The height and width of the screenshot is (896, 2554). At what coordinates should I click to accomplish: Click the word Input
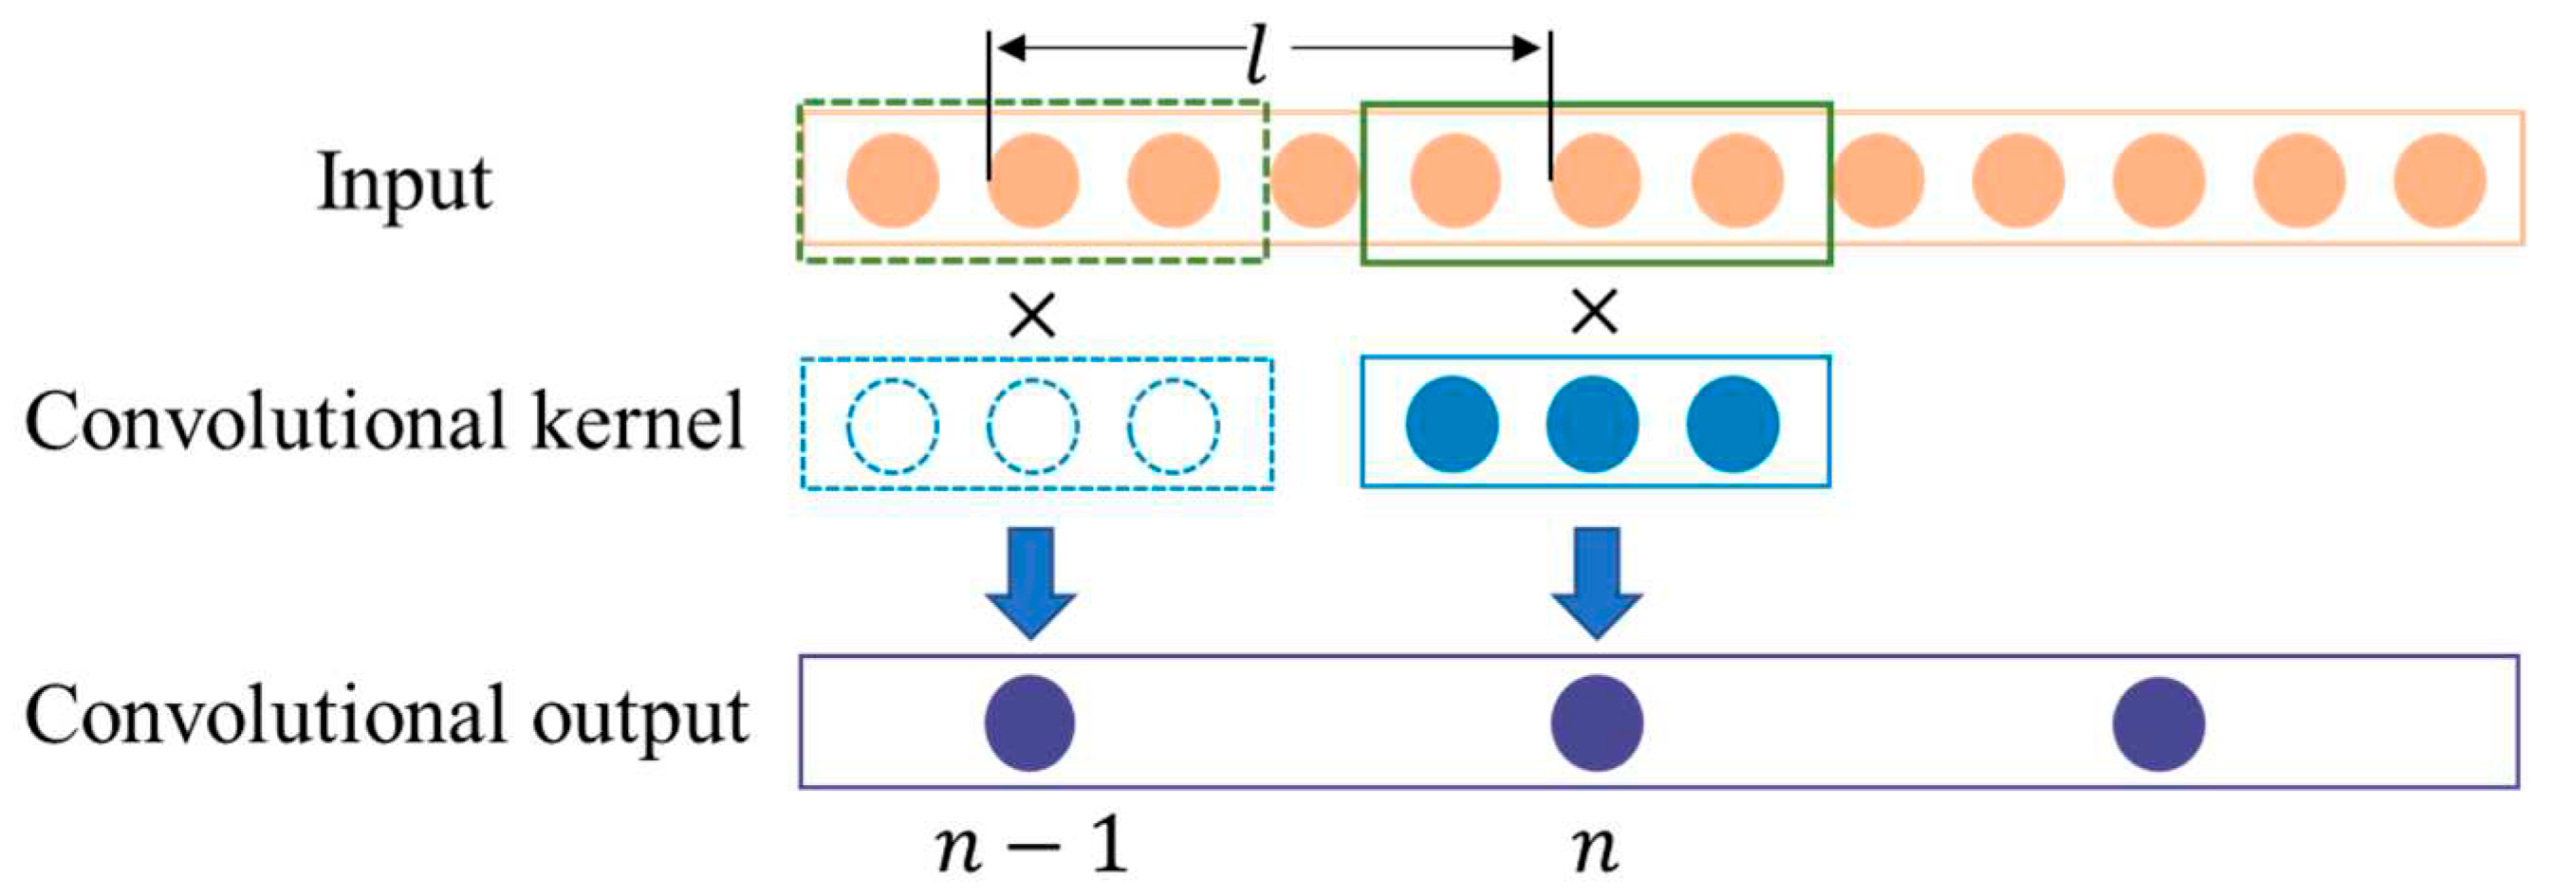[x=403, y=183]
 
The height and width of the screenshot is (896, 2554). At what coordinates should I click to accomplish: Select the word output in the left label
[x=639, y=716]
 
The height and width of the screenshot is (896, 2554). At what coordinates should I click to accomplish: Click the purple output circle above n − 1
[x=1030, y=722]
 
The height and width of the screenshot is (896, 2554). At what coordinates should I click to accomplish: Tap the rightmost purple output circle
[x=2159, y=722]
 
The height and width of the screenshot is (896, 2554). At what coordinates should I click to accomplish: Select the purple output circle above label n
[x=1596, y=722]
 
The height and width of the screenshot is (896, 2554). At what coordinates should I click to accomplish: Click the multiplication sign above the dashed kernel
[x=1032, y=316]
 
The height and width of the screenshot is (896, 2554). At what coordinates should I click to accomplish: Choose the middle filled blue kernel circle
[x=1593, y=424]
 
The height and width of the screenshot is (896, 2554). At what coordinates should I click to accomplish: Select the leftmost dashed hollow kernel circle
[x=893, y=427]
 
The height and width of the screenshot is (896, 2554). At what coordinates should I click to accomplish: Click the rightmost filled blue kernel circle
[x=1733, y=424]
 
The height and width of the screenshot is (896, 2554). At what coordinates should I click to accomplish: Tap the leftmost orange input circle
[x=893, y=181]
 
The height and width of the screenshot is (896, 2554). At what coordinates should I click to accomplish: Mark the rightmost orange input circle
[x=2439, y=181]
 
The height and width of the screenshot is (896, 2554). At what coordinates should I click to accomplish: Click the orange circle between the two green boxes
[x=1315, y=181]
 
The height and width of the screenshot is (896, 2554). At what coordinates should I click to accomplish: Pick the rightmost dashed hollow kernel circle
[x=1173, y=427]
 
